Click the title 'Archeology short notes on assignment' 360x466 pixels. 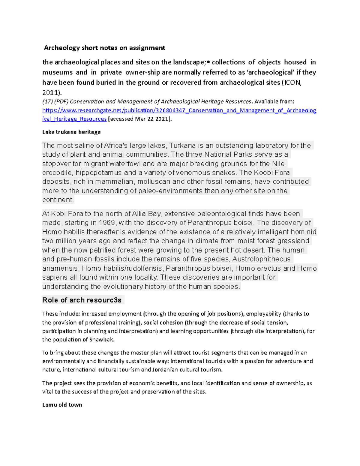[x=104, y=48]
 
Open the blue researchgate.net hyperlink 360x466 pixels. [x=179, y=110]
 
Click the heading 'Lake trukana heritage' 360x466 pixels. [x=71, y=132]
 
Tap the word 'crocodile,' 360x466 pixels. [x=58, y=173]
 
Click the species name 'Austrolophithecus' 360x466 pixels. [x=261, y=259]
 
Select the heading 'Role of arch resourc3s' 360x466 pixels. [x=82, y=300]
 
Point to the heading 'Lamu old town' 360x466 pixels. [x=62, y=405]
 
